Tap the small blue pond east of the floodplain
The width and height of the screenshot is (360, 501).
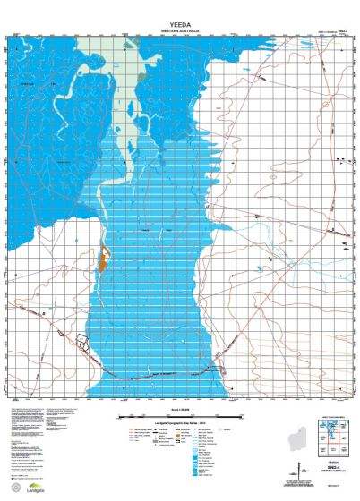(x=259, y=267)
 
